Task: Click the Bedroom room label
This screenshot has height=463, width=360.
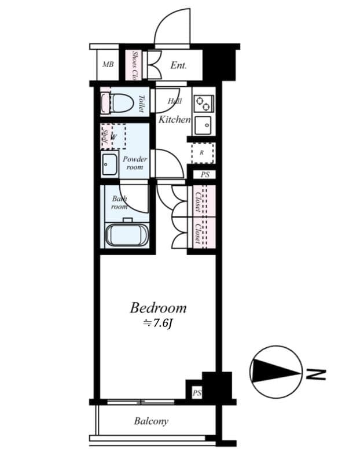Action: coord(158,307)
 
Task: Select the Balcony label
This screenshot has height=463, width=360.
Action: coord(151,421)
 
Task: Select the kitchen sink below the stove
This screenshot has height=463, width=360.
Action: coord(203,124)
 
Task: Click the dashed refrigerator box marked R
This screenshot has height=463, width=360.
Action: coord(203,153)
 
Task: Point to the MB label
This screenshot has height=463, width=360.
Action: coord(108,65)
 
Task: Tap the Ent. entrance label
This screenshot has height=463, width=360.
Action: coord(178,65)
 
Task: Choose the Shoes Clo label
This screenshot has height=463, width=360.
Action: coord(134,65)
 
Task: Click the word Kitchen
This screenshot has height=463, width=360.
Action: coord(175,120)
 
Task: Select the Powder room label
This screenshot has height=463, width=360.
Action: coord(135,163)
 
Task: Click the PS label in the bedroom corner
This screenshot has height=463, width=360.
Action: coord(197,394)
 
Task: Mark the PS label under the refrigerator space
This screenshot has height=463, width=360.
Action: coord(205,175)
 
